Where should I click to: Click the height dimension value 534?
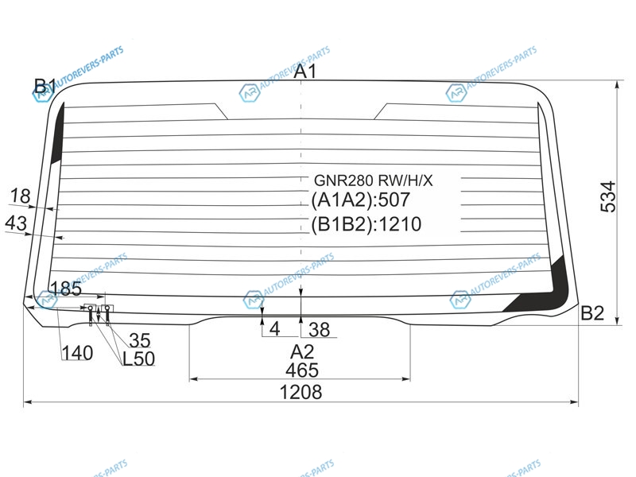tap(608, 197)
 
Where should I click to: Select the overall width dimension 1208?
tap(301, 392)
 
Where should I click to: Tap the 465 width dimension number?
tap(302, 370)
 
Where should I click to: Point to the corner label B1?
tap(45, 87)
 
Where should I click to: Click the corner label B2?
tap(592, 313)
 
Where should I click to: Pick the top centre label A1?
tap(304, 72)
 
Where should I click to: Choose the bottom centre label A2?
tap(302, 351)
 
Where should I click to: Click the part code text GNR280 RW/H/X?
tap(374, 180)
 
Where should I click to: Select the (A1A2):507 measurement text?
tap(361, 200)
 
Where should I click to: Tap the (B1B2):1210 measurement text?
tap(366, 224)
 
